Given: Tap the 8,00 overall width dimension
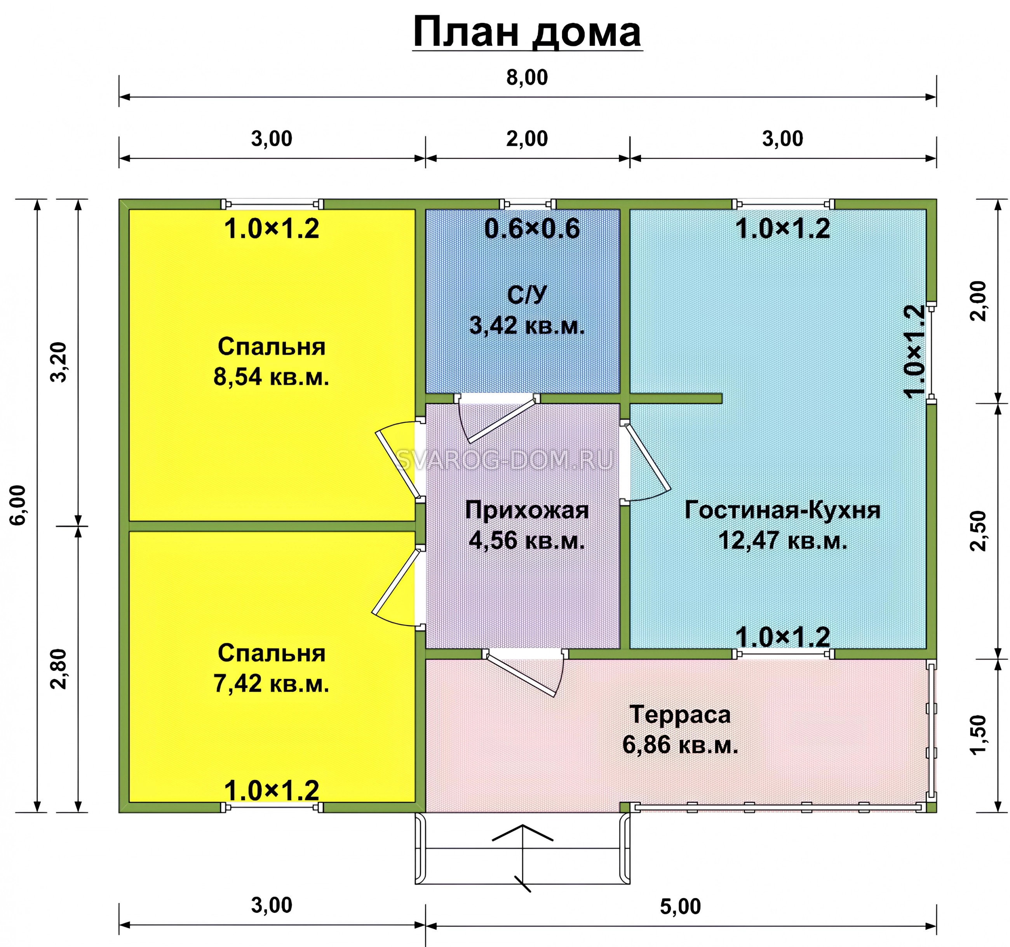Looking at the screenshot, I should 527,78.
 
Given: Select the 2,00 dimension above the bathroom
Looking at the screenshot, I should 527,139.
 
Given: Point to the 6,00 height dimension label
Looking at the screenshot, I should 18,505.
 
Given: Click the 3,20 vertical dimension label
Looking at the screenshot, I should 59,362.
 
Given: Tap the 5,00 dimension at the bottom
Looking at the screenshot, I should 680,907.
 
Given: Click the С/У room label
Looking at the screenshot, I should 527,295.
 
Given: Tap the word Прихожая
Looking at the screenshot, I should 527,510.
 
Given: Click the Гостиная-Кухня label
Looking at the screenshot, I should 782,510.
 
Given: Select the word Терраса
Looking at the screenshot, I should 680,714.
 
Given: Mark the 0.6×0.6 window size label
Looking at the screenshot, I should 531,229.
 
